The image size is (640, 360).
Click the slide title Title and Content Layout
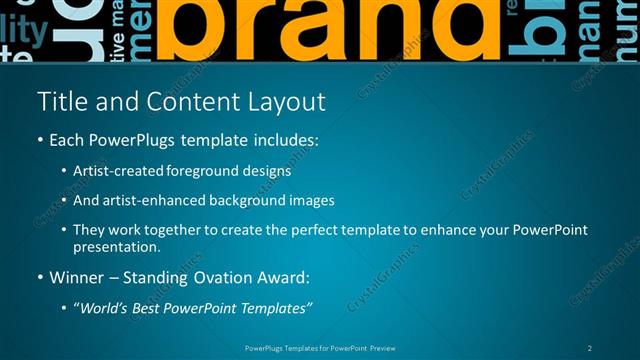[x=180, y=102]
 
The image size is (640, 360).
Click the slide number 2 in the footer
[x=590, y=347]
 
